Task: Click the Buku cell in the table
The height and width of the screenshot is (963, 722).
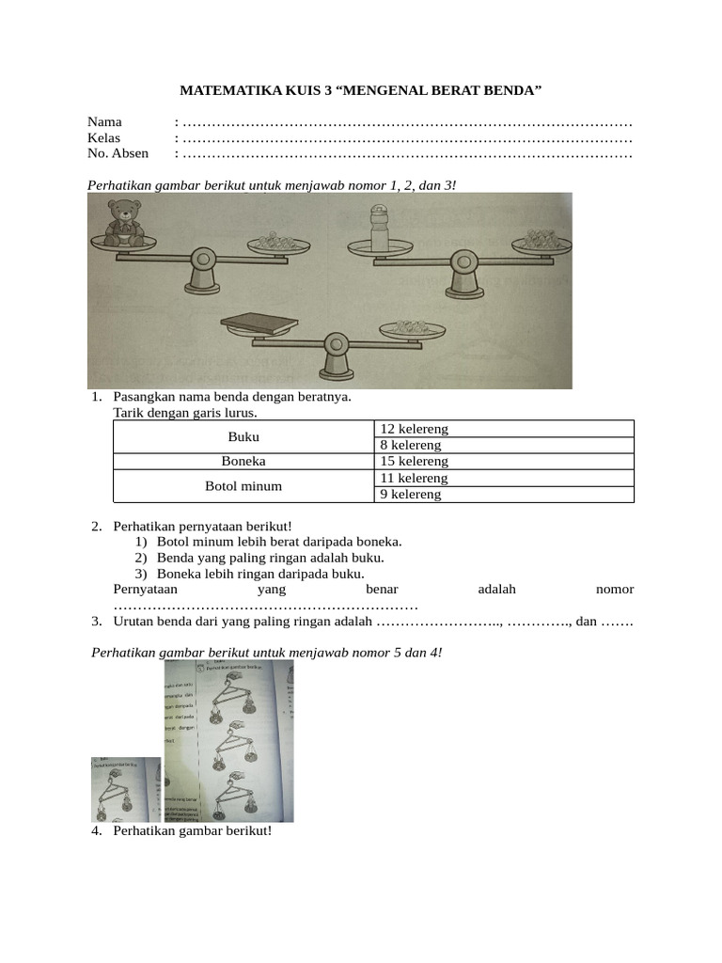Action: (243, 437)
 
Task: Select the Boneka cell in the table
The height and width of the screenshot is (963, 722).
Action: (243, 462)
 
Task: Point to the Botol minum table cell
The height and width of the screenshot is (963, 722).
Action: (243, 486)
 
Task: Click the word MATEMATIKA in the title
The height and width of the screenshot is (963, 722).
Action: (224, 91)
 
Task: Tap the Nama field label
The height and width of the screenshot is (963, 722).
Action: (104, 122)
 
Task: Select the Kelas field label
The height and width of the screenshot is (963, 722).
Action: (104, 138)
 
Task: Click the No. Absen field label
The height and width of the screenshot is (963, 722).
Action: (118, 153)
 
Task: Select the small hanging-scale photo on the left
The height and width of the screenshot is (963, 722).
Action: (126, 790)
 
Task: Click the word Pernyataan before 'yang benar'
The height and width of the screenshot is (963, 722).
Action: (146, 590)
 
